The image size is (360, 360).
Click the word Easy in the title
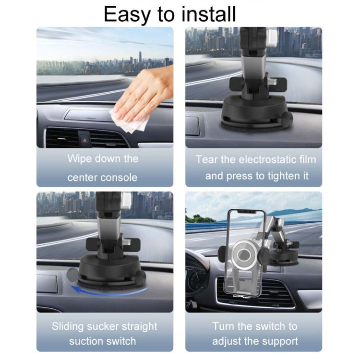coord(126,14)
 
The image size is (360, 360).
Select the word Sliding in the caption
coord(72,326)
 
